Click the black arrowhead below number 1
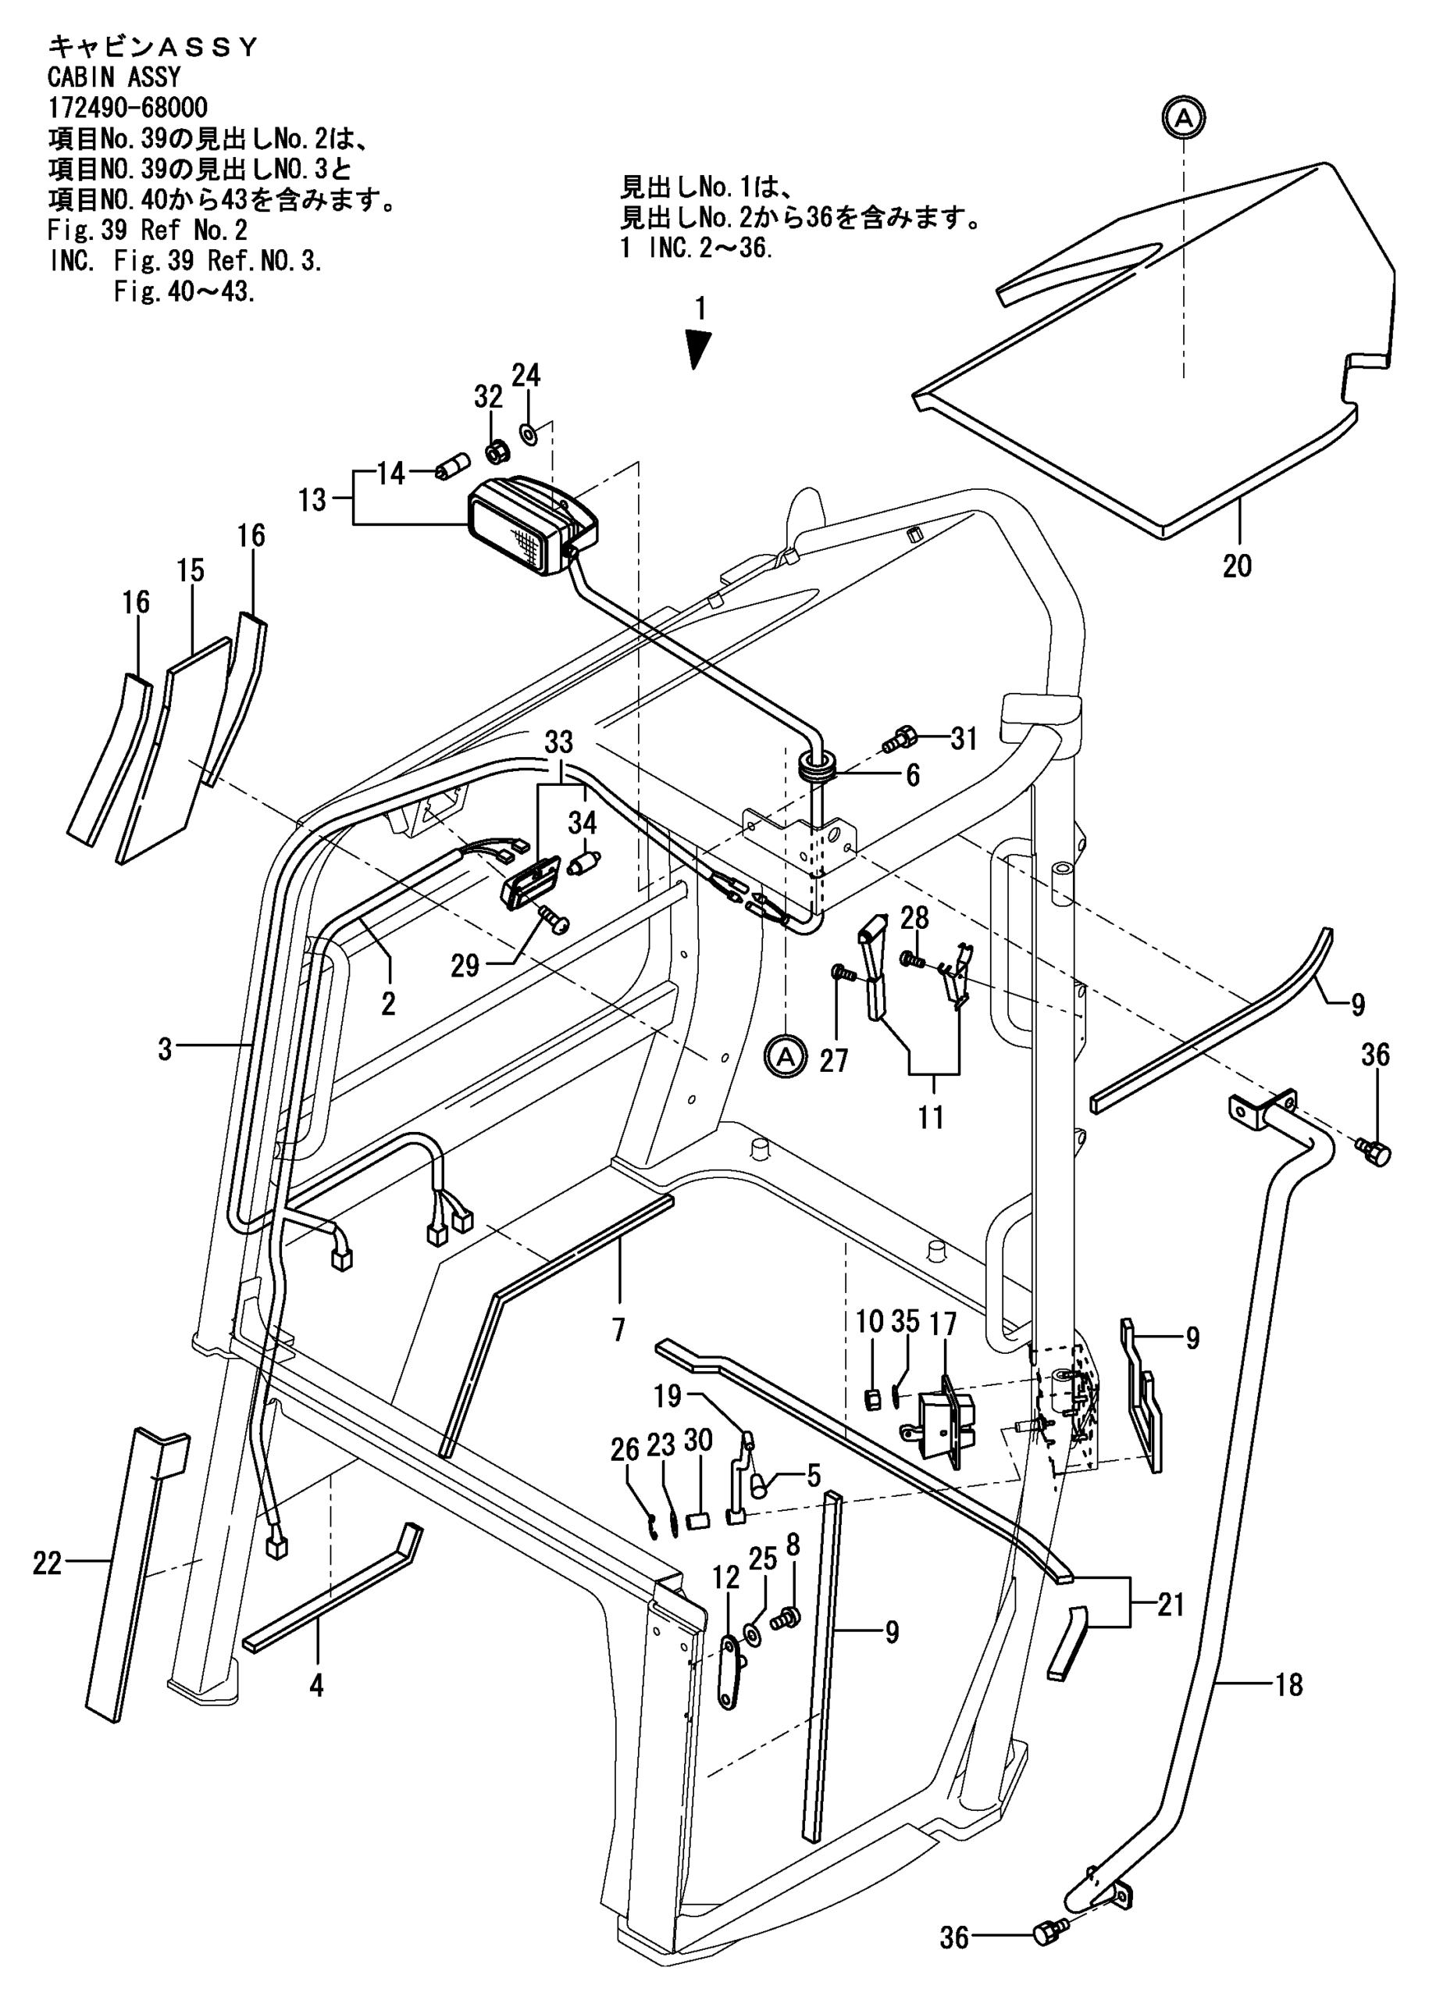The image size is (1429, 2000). pyautogui.click(x=699, y=348)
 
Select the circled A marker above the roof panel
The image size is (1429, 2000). pyautogui.click(x=1184, y=117)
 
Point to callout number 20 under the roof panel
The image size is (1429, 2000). pyautogui.click(x=1237, y=565)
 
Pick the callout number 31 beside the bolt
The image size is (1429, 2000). pyautogui.click(x=964, y=738)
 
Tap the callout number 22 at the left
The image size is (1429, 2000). pyautogui.click(x=48, y=1563)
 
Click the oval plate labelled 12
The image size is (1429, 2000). pyautogui.click(x=729, y=1672)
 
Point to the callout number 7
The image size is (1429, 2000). pyautogui.click(x=618, y=1328)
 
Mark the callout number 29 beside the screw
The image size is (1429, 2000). pyautogui.click(x=465, y=966)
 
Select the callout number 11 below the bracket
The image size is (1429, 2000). pyautogui.click(x=930, y=1117)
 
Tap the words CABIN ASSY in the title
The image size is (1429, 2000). pyautogui.click(x=113, y=77)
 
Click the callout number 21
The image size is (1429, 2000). pyautogui.click(x=1171, y=1605)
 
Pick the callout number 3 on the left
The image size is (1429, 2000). pyautogui.click(x=165, y=1049)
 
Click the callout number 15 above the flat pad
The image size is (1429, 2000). pyautogui.click(x=190, y=570)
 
